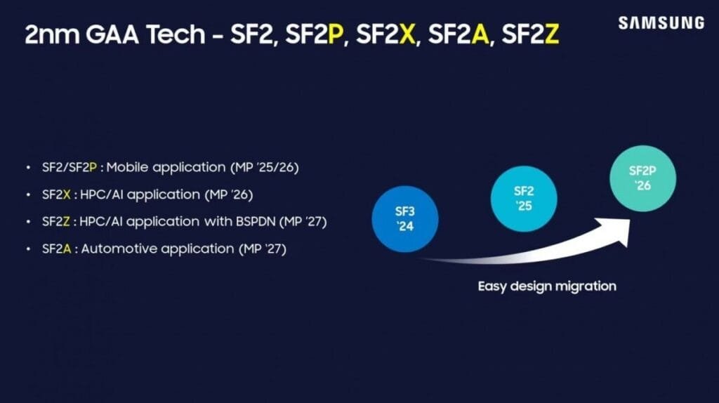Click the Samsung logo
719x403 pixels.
tap(661, 22)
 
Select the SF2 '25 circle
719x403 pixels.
tap(524, 199)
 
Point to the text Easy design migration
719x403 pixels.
tap(547, 286)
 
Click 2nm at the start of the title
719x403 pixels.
tap(50, 35)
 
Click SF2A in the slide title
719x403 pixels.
tap(459, 35)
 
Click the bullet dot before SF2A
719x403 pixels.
tap(28, 249)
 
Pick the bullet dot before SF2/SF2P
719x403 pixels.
tap(28, 168)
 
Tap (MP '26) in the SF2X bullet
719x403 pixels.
tap(227, 194)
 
